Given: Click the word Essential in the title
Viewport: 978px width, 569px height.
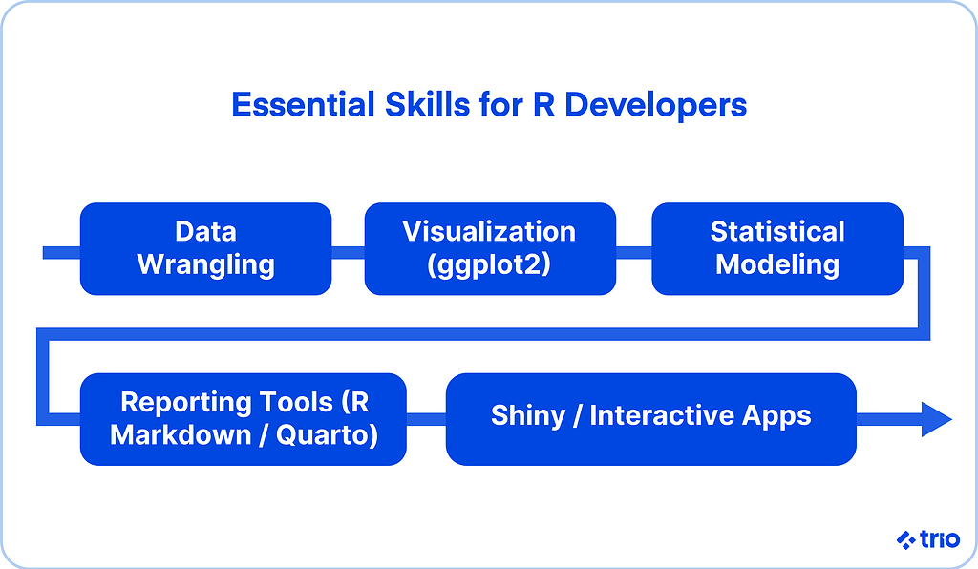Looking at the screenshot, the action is coord(303,105).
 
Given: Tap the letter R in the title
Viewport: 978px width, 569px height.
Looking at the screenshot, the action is coord(543,105).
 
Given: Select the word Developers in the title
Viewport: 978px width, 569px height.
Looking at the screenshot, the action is coord(655,106).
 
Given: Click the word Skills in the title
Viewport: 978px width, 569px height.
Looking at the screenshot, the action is coord(427,105).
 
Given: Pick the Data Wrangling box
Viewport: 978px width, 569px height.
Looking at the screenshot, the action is coord(206,248).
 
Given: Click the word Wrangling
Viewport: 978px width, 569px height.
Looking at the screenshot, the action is coord(206,265).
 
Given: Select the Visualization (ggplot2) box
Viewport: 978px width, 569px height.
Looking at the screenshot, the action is coord(490,248).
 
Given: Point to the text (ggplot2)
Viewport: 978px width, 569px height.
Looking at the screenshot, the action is coord(490,264).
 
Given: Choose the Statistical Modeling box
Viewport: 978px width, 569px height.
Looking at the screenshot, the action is coord(777,248).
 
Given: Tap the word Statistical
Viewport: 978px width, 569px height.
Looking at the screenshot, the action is coord(777,232).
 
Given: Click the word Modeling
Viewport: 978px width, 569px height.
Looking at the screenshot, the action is coord(777,265).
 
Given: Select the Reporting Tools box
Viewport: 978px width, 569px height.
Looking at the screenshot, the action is coord(244,419).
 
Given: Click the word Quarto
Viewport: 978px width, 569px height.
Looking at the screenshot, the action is coord(323,435).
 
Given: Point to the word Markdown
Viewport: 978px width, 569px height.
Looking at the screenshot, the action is coord(181,435).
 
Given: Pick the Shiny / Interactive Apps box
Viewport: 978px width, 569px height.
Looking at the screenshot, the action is coord(651,419).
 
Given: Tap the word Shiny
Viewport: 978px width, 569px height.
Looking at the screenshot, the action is coord(527,416).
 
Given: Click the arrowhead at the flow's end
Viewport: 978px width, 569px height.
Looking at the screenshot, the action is coord(937,419).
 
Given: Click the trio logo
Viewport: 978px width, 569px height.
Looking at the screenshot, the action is coord(928,539).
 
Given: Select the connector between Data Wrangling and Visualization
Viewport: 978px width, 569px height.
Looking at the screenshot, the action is coord(348,253).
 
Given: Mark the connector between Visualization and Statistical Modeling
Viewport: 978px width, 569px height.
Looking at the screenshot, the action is coord(634,253).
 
